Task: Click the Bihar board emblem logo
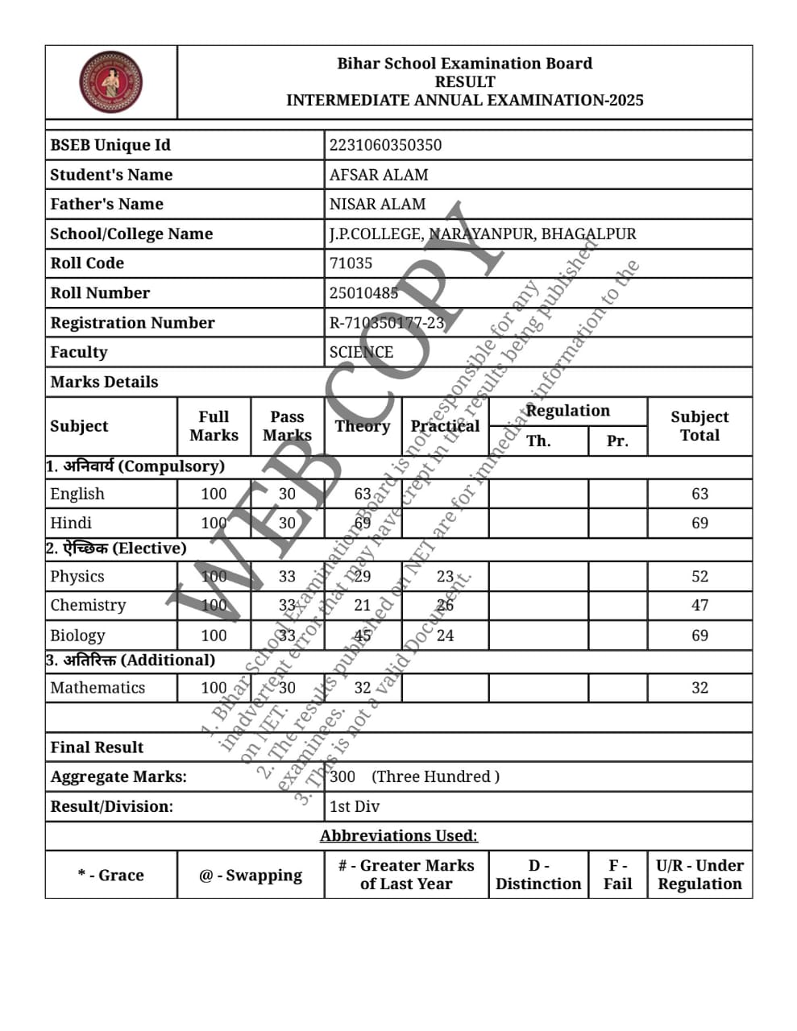coord(110,82)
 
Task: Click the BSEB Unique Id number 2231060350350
coord(385,145)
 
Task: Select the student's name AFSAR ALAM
coord(378,175)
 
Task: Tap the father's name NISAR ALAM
coord(377,205)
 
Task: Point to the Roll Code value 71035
coord(351,263)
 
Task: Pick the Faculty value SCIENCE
coord(361,352)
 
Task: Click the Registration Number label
coord(132,323)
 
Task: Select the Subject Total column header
coord(699,426)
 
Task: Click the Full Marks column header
coord(214,426)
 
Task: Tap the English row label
coord(77,494)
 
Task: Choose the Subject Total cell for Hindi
coord(699,524)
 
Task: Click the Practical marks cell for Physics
coord(445,577)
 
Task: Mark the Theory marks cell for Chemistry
coord(363,606)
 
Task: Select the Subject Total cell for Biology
coord(699,636)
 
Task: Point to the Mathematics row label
coord(98,688)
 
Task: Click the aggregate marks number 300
coord(342,776)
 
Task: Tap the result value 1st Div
coord(355,806)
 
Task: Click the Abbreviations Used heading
coord(398,836)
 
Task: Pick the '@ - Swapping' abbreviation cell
coord(251,876)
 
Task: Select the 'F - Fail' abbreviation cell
coord(617,875)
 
